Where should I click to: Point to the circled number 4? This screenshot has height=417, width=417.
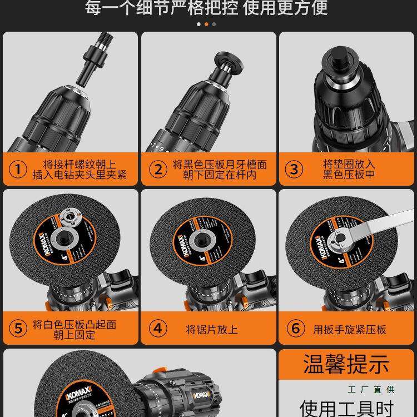pos(158,329)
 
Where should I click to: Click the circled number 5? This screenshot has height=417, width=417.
pos(19,329)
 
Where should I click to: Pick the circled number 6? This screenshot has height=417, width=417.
pos(296,329)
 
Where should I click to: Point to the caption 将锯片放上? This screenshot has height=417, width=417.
pos(211,329)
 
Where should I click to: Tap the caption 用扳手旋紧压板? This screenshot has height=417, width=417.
pos(349,329)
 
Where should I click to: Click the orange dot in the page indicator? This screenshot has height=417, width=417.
pos(207,24)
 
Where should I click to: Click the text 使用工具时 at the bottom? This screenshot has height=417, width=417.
pos(346,407)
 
